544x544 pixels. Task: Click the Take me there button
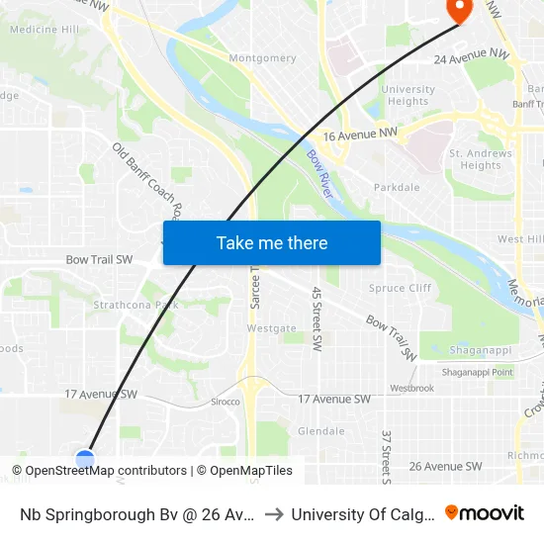click(x=272, y=243)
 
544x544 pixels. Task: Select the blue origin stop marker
click(x=85, y=459)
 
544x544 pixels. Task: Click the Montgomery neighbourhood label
click(x=262, y=58)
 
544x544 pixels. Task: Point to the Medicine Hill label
click(x=44, y=30)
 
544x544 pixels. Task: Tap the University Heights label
click(x=408, y=96)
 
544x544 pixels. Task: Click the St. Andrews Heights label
click(x=481, y=159)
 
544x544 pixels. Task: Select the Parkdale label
click(x=397, y=188)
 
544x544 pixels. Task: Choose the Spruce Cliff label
click(x=400, y=288)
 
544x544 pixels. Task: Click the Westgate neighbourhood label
click(x=271, y=328)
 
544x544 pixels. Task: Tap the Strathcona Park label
click(x=136, y=306)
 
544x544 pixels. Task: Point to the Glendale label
click(x=321, y=431)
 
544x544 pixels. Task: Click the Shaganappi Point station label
click(x=478, y=372)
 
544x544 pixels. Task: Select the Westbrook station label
click(x=411, y=389)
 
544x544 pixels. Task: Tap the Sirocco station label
click(x=225, y=403)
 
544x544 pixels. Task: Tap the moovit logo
click(x=484, y=512)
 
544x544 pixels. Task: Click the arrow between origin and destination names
click(x=274, y=513)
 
